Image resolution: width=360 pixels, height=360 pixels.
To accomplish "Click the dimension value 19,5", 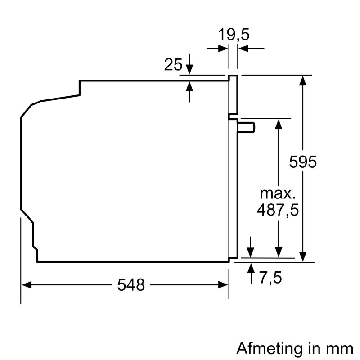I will [x=234, y=34].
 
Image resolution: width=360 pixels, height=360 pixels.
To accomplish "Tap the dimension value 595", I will [x=303, y=162].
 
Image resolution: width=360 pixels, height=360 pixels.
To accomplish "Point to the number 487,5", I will [x=278, y=210].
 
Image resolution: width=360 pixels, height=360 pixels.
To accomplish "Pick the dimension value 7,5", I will [x=270, y=278].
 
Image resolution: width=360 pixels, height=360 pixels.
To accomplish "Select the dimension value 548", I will [x=131, y=284].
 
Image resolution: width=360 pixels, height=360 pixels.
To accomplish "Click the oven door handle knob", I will [x=248, y=128].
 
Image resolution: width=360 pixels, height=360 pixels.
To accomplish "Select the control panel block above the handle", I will [x=233, y=94].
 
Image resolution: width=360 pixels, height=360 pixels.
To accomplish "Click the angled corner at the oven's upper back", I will [x=31, y=106].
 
